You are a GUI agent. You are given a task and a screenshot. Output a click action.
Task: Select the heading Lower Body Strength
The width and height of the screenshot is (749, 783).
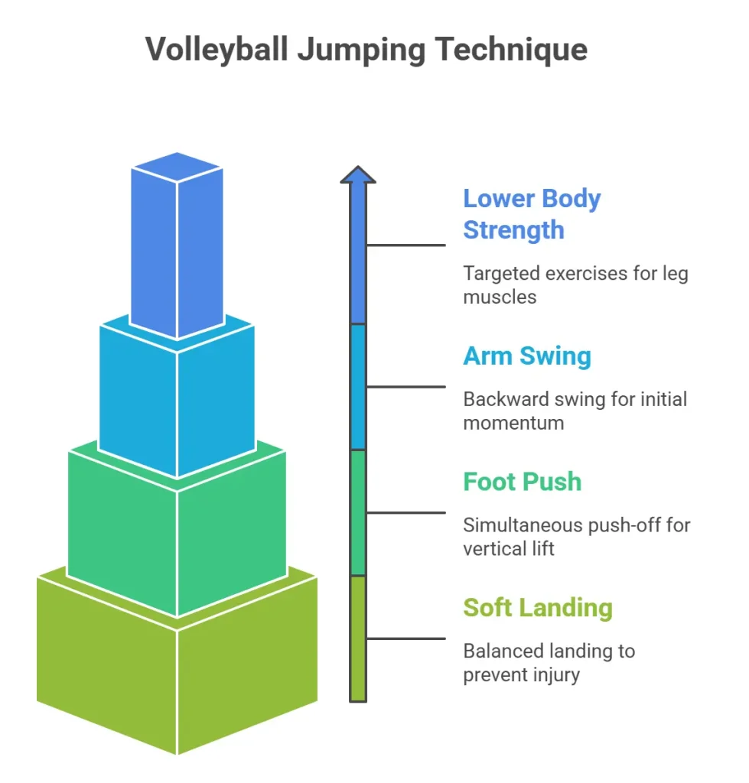point(532,214)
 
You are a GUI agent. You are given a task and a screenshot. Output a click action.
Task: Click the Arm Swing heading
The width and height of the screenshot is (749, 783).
point(527,356)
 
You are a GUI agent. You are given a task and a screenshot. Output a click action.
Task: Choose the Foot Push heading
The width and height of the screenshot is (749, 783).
point(523,482)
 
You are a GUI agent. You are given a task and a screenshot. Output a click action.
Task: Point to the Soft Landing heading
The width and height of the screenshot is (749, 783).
point(538,608)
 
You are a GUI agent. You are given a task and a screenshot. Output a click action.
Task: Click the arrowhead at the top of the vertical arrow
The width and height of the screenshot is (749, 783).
point(358,175)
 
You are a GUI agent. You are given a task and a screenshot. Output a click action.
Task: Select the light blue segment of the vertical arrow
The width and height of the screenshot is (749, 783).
point(358,386)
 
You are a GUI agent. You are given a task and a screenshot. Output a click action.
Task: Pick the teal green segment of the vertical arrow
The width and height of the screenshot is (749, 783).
point(358,512)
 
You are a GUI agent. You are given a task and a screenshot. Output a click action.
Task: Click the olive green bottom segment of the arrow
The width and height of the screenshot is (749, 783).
point(358,638)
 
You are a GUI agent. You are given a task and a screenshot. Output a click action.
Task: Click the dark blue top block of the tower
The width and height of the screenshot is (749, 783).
point(177,245)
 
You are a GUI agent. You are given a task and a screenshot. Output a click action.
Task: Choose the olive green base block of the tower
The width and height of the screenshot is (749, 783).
point(177,673)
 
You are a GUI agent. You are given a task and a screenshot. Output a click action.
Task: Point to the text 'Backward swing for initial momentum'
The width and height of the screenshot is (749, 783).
point(575,411)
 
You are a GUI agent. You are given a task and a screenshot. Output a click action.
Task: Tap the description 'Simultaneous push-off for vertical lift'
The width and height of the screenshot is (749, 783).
point(576,537)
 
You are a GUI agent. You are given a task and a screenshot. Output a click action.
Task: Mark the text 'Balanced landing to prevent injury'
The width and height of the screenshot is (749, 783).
point(549,663)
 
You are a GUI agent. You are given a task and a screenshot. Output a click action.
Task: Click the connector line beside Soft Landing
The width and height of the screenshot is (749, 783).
point(405,638)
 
